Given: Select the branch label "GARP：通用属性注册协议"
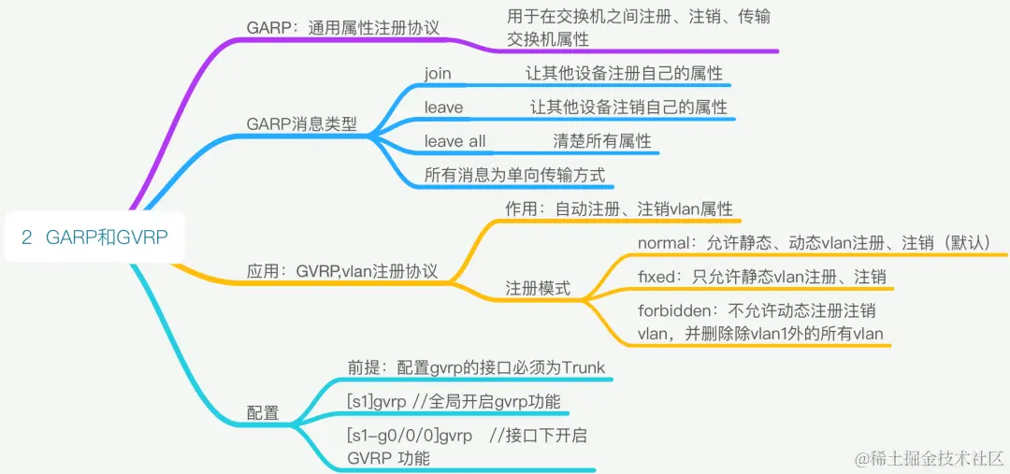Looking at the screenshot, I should click(343, 28).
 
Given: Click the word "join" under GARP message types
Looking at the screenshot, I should click(438, 73).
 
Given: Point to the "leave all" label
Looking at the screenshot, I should click(454, 141).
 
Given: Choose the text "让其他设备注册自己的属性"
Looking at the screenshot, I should click(623, 73).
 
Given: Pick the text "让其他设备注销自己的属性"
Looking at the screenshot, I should click(628, 108).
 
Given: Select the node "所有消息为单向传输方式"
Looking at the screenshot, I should click(514, 175).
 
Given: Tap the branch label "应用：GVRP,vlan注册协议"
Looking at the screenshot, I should click(343, 271).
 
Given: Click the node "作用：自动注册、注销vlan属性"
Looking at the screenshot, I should click(618, 208).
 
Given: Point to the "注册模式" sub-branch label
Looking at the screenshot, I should click(538, 288).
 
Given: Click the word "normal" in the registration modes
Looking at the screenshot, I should click(663, 243).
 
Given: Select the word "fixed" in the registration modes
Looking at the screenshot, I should click(656, 277).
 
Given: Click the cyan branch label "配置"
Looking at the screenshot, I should click(263, 412).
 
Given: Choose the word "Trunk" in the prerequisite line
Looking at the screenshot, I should click(584, 367).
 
